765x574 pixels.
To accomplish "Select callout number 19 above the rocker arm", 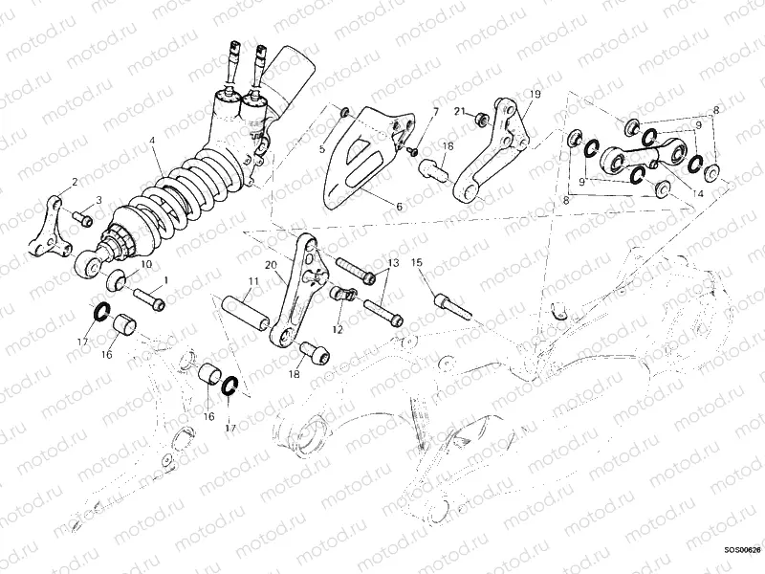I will (x=535, y=94).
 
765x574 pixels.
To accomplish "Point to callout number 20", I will (x=271, y=265).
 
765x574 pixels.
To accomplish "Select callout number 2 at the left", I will (x=75, y=181).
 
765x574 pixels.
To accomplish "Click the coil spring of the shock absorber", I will (x=191, y=191).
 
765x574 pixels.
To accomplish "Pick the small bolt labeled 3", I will (x=83, y=221).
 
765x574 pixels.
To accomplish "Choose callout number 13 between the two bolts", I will (x=392, y=262).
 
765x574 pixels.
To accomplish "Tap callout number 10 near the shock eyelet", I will (x=146, y=263).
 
